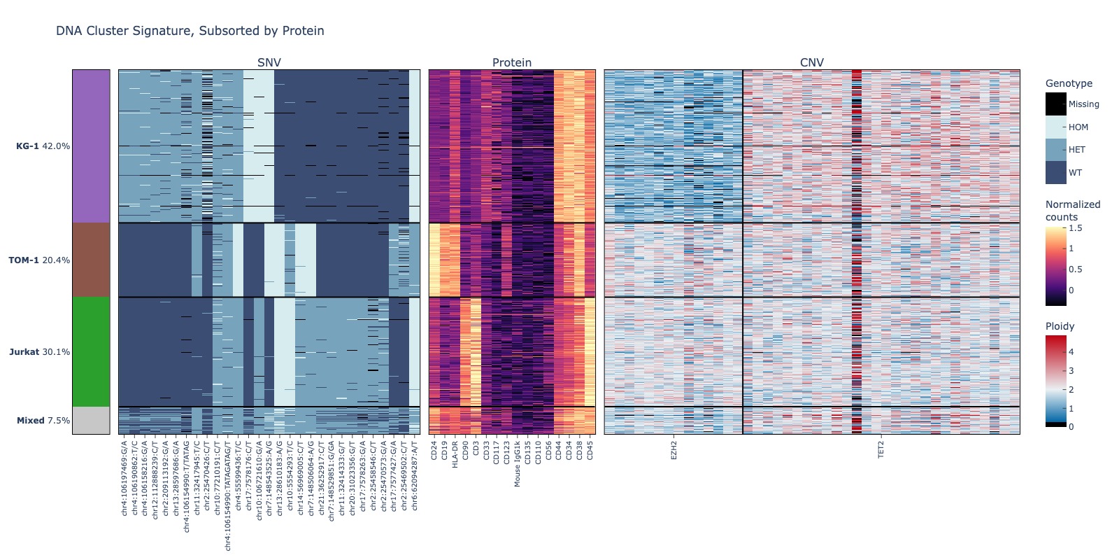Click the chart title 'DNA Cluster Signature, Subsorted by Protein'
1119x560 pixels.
click(x=190, y=31)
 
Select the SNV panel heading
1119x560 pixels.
click(x=269, y=62)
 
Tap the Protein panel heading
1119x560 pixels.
click(x=511, y=62)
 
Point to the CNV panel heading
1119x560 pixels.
click(x=811, y=62)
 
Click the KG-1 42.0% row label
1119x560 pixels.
click(x=43, y=146)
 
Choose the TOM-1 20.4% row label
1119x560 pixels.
click(x=39, y=260)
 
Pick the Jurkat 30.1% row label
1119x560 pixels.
click(x=40, y=352)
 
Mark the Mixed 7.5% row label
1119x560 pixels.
click(x=43, y=421)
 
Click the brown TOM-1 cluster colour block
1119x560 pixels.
click(x=91, y=260)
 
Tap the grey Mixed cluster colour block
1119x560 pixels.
click(x=91, y=420)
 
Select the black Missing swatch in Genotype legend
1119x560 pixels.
click(x=1055, y=104)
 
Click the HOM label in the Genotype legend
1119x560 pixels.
click(x=1078, y=127)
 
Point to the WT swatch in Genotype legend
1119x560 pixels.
click(x=1055, y=173)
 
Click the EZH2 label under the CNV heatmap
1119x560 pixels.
click(x=674, y=450)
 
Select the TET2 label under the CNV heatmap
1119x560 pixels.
click(x=881, y=449)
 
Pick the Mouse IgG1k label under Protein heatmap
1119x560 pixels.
click(x=518, y=463)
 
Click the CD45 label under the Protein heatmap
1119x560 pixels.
click(x=590, y=450)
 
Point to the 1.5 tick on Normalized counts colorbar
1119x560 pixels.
click(x=1075, y=228)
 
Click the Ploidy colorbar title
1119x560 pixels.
click(x=1060, y=326)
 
